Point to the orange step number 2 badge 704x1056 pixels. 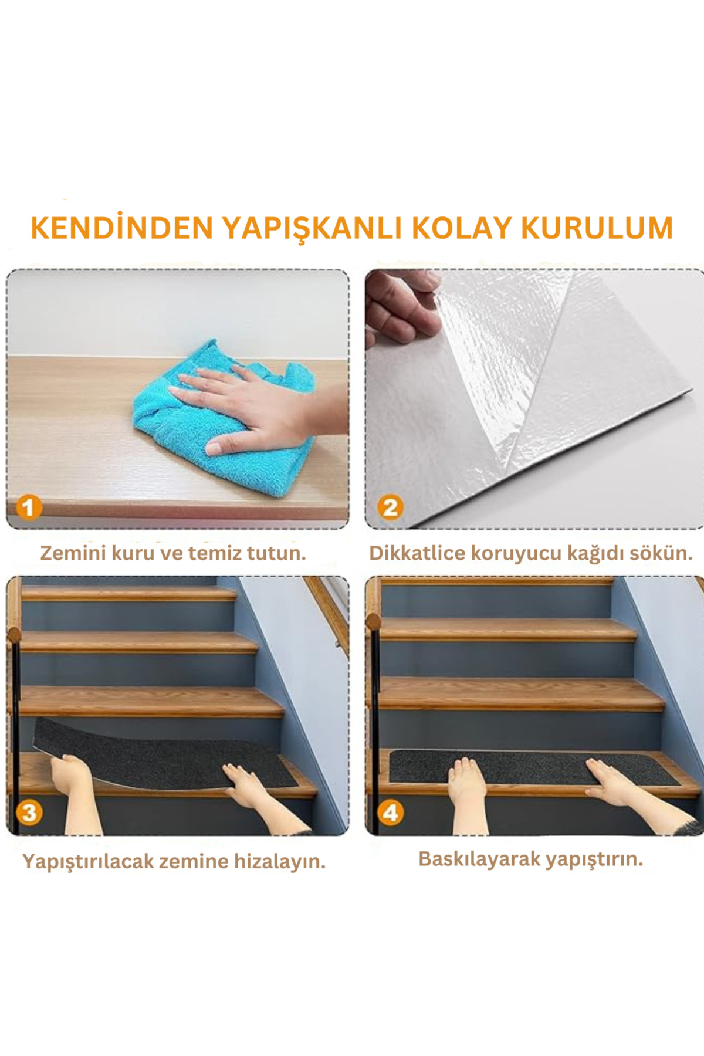(x=390, y=507)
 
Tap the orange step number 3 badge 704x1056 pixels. (x=29, y=813)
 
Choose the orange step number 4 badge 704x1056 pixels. (x=390, y=813)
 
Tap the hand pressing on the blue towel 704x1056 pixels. (x=252, y=405)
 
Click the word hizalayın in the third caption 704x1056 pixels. (x=280, y=862)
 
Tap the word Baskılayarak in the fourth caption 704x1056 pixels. (x=479, y=859)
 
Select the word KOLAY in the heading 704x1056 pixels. (x=461, y=228)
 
